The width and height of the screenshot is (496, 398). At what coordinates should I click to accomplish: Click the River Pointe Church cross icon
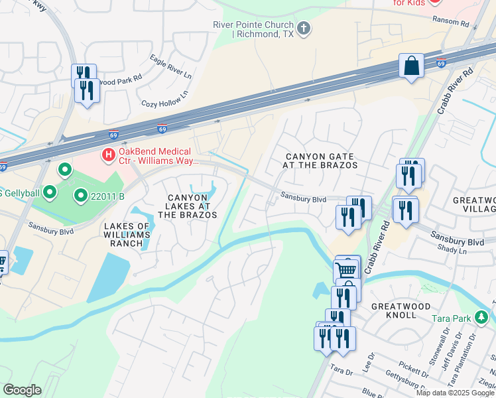(x=304, y=28)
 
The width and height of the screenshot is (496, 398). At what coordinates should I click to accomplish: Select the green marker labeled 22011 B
(x=80, y=196)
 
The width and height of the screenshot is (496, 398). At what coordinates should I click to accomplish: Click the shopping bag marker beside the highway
(x=411, y=66)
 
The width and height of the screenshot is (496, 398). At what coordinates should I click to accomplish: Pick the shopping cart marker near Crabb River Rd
(x=346, y=269)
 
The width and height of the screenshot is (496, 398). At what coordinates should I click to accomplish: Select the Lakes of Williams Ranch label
(x=127, y=235)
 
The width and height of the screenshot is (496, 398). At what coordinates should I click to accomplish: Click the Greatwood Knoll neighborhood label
(x=401, y=310)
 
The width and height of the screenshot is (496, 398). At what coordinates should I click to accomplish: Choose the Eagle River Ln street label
(x=170, y=68)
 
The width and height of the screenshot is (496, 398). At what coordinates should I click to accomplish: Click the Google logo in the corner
(x=22, y=390)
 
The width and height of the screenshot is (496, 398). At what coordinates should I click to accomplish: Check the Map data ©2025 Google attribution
(x=455, y=393)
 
